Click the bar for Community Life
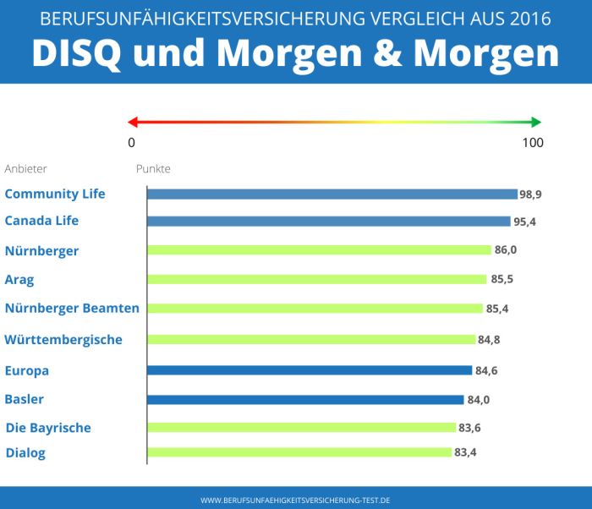pos(332,194)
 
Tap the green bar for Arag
pos(316,279)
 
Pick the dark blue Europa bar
pos(310,370)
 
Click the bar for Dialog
pos(299,452)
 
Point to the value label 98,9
pos(530,194)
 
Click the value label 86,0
pos(505,251)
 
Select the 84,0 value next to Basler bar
pos(478,400)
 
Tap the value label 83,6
pos(469,428)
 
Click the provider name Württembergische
pos(63,340)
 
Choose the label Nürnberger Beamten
pos(72,309)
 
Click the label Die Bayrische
pos(48,428)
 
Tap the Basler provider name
pos(25,399)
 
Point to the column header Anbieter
pos(26,168)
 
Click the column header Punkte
pos(153,168)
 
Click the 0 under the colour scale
pos(131,142)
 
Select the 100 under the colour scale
pos(533,142)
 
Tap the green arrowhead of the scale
pos(535,122)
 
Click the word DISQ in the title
pos(77,52)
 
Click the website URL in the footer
pos(295,500)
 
